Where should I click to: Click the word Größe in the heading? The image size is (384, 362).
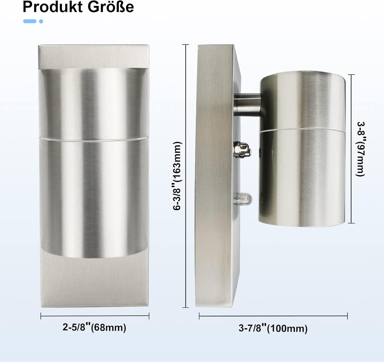(x=111, y=7)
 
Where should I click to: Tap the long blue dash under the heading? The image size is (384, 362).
(x=30, y=21)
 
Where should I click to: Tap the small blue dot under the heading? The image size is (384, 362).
(x=41, y=21)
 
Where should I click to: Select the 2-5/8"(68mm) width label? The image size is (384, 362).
(x=94, y=327)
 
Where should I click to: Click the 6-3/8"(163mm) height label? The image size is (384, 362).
(x=177, y=176)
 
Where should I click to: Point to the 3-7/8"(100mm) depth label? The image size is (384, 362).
(x=273, y=328)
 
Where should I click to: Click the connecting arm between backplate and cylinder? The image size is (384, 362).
(x=247, y=105)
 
